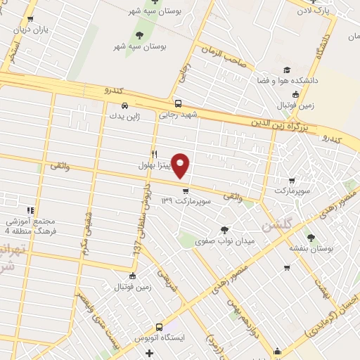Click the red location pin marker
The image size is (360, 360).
(x=181, y=165)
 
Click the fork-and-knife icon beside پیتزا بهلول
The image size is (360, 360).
(x=154, y=154)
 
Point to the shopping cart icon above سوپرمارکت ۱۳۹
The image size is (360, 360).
(x=185, y=191)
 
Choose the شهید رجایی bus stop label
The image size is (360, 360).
(x=179, y=113)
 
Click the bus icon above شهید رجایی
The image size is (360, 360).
(x=179, y=102)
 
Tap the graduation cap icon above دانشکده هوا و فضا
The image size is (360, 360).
(x=287, y=70)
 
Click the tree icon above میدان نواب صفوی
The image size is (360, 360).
(x=224, y=230)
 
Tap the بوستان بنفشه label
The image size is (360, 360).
(x=311, y=248)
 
